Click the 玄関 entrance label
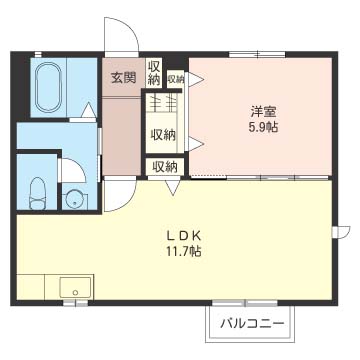(123, 78)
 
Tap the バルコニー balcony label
(251, 324)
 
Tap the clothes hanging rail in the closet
(164, 102)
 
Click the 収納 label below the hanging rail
(164, 134)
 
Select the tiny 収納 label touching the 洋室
(176, 78)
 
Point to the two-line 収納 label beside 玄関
(154, 73)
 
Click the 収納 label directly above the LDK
(164, 166)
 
